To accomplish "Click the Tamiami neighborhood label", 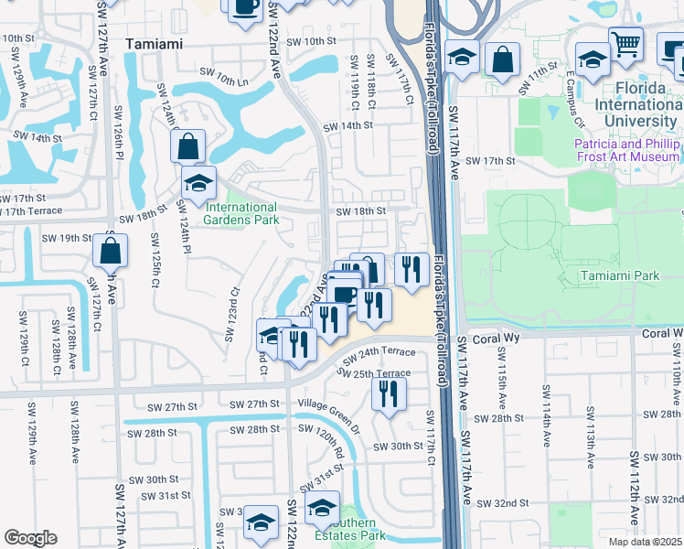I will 154,43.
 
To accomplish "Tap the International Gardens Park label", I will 240,213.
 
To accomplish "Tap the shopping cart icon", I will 625,43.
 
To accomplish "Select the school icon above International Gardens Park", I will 198,182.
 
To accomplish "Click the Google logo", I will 31,538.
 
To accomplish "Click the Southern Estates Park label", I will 347,535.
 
